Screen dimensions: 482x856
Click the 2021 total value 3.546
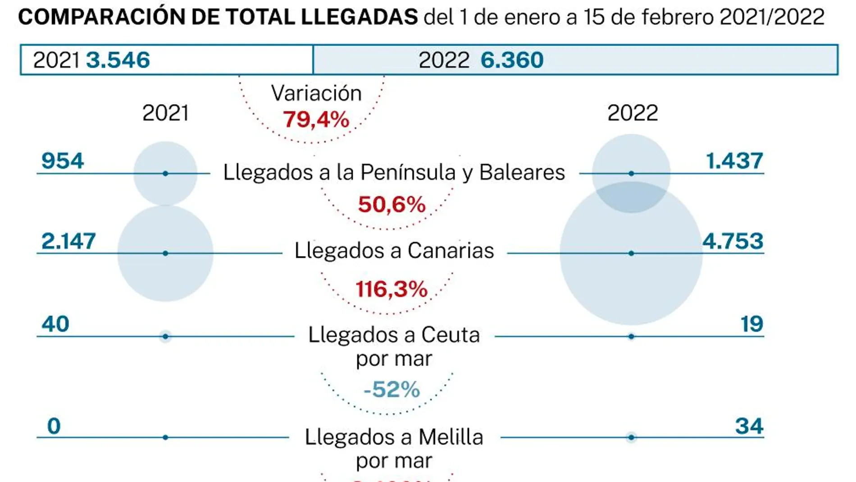(118, 60)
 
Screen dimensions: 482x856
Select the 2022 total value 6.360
(512, 60)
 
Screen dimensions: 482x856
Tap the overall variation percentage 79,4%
(316, 119)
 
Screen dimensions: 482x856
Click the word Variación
(316, 93)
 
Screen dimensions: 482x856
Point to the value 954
(63, 161)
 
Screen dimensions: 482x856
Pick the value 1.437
(734, 161)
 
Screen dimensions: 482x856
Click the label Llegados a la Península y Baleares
(394, 172)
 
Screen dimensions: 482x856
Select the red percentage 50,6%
(392, 204)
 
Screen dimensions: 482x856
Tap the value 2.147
(68, 241)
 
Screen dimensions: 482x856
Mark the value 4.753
(733, 241)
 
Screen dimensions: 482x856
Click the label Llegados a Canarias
(394, 251)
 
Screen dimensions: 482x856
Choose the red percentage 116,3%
(392, 289)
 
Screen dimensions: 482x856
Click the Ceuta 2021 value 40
(55, 324)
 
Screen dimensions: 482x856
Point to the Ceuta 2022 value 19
(751, 324)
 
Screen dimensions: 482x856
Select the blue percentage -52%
(392, 390)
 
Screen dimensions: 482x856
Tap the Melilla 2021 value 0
(54, 426)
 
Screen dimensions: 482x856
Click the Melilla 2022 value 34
(749, 426)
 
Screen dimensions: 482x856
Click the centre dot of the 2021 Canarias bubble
(165, 253)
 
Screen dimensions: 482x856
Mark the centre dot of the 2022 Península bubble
(631, 174)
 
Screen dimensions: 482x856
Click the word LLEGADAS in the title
(359, 17)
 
